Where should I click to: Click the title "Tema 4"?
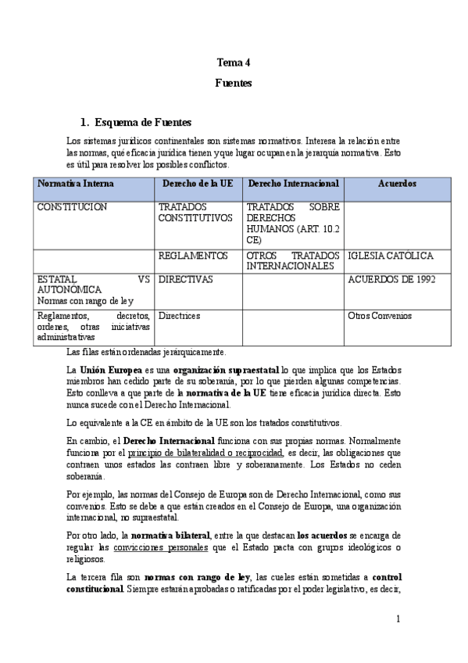pos(234,62)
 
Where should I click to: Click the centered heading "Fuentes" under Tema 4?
pos(234,82)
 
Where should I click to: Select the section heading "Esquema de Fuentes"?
pos(142,122)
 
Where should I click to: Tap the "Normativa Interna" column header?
pos(75,184)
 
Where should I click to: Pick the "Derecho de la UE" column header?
pos(198,184)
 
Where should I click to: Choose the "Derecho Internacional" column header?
pos(293,184)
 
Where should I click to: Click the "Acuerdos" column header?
pos(397,184)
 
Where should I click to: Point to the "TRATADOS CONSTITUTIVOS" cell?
pos(195,212)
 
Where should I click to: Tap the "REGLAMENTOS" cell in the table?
pos(193,256)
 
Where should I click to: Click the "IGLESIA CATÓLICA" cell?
pos(391,256)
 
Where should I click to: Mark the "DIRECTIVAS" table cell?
pos(186,279)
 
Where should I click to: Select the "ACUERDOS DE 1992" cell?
pos(391,279)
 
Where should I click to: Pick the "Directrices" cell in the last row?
pos(180,316)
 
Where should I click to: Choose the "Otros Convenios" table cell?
pos(380,316)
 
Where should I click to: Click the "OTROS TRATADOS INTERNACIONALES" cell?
pos(293,260)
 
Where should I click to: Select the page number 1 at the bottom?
pos(398,619)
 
